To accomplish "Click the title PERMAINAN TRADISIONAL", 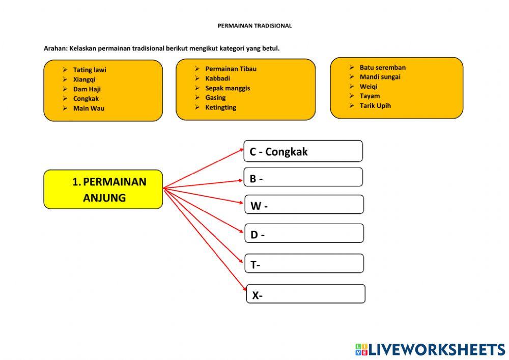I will [x=254, y=25].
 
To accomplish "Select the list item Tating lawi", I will [x=90, y=70].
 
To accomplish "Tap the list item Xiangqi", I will [x=84, y=79].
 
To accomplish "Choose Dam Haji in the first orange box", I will [x=87, y=89].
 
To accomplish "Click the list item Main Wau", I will [x=89, y=108].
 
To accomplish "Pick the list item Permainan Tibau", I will [x=231, y=69].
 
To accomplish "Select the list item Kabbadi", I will [x=217, y=78].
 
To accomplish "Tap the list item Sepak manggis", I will [x=228, y=88].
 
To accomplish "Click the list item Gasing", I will [x=215, y=97].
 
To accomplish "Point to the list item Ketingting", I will [x=220, y=107].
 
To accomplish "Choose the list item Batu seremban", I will [x=382, y=67].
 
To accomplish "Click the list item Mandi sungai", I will [x=380, y=77].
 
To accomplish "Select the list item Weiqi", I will [x=369, y=87].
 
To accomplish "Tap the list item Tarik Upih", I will [x=375, y=105].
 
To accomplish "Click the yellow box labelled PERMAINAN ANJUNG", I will [x=103, y=189].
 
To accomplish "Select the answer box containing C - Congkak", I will [x=303, y=151].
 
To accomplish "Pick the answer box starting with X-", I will [x=305, y=294].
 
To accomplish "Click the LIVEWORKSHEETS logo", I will [x=430, y=349].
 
